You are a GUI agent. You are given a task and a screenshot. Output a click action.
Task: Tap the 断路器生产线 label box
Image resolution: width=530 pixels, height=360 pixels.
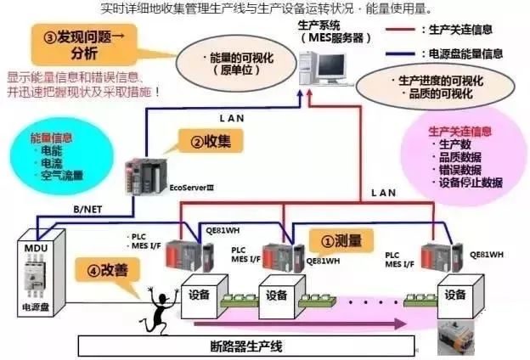tap(247, 346)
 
